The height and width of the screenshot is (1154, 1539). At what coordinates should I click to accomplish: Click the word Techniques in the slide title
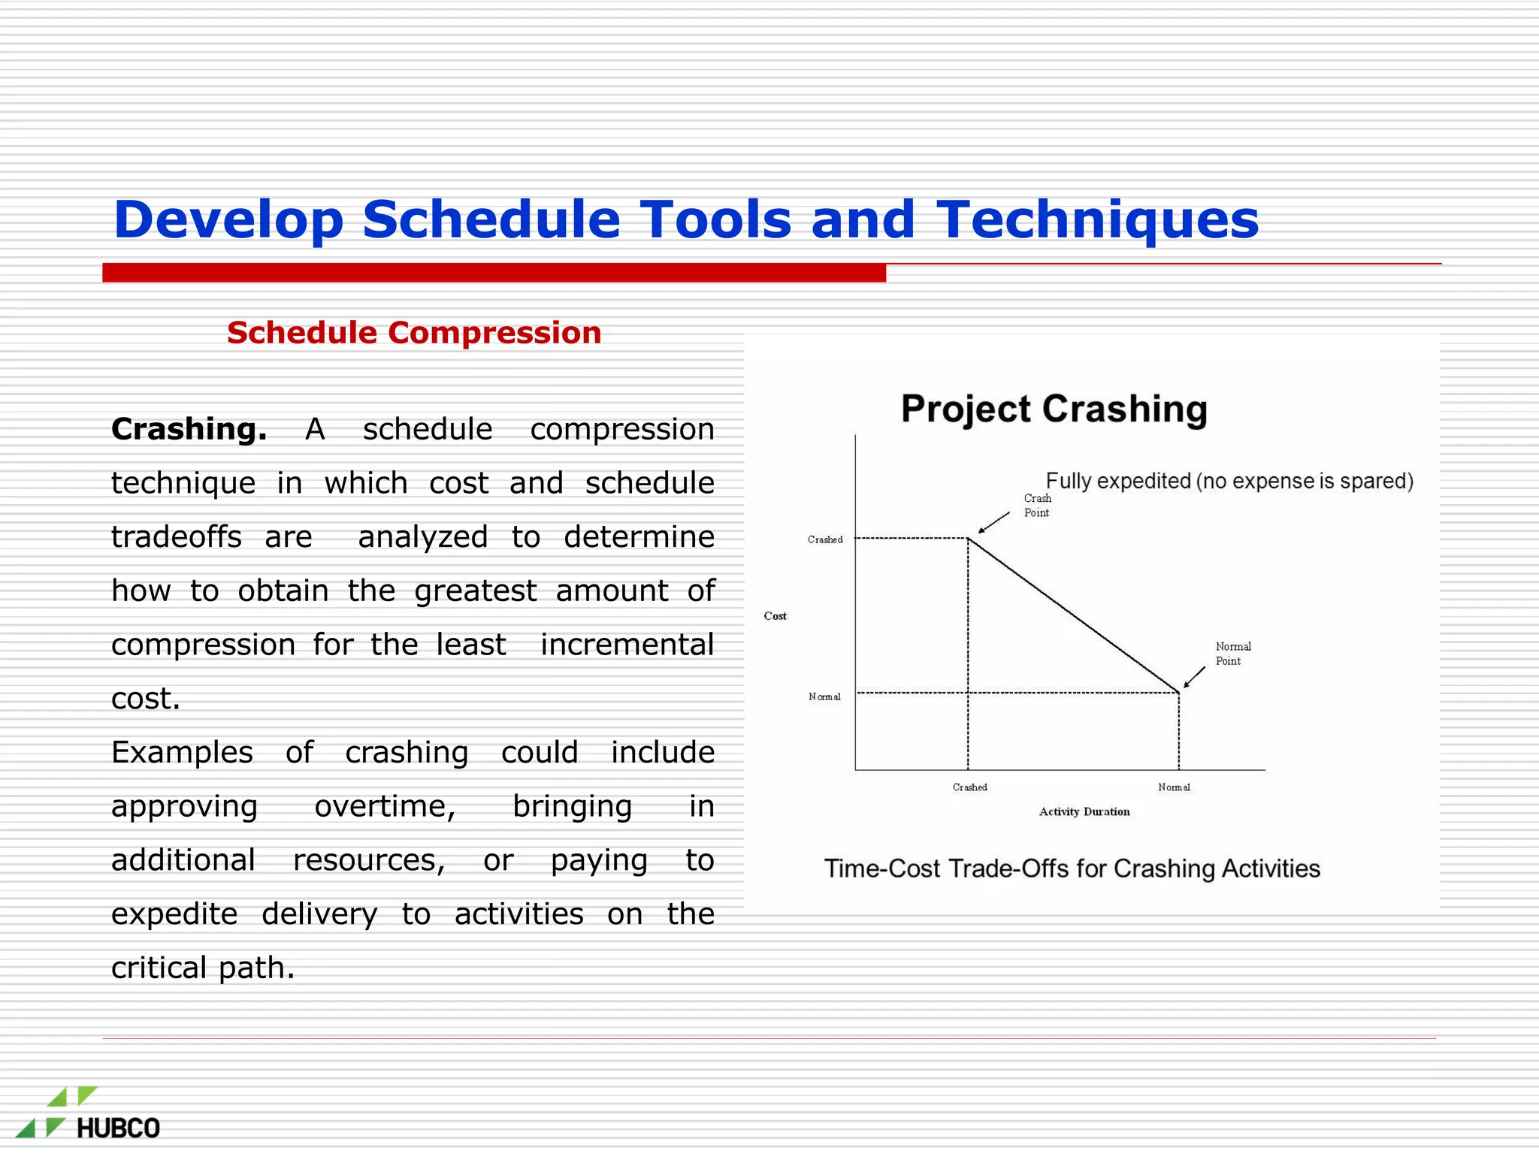[x=1097, y=219]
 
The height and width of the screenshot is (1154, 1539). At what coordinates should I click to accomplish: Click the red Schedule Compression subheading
[x=414, y=333]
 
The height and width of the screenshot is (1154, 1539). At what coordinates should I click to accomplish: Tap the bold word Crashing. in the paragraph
[x=189, y=429]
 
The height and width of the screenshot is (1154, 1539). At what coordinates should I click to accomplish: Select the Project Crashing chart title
[x=1054, y=409]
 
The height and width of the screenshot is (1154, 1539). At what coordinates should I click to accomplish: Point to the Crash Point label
[x=1037, y=506]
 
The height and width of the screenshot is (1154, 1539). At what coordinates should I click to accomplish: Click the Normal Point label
[x=1232, y=654]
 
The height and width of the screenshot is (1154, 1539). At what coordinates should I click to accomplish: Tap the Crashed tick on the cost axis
[x=825, y=539]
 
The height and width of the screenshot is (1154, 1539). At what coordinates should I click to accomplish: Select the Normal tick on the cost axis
[x=824, y=697]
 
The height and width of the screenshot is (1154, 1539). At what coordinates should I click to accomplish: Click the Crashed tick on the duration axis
[x=969, y=787]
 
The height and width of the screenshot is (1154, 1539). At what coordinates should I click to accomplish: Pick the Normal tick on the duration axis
[x=1174, y=787]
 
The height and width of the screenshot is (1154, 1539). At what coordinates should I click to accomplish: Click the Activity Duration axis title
[x=1084, y=811]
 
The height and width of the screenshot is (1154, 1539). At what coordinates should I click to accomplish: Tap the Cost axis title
[x=775, y=616]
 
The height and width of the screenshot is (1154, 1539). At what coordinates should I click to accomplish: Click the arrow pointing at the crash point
[x=993, y=523]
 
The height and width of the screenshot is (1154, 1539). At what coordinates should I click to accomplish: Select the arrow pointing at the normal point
[x=1193, y=677]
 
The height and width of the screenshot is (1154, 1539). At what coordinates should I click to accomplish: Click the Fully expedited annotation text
[x=1229, y=481]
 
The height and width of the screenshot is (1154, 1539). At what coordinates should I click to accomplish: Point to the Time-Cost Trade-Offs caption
[x=1072, y=869]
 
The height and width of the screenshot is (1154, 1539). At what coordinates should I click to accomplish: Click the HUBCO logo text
[x=118, y=1128]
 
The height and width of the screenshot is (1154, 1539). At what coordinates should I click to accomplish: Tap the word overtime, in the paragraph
[x=385, y=806]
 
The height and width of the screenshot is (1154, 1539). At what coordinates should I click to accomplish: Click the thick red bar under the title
[x=494, y=273]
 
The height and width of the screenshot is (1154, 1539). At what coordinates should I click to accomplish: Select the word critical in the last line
[x=159, y=968]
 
